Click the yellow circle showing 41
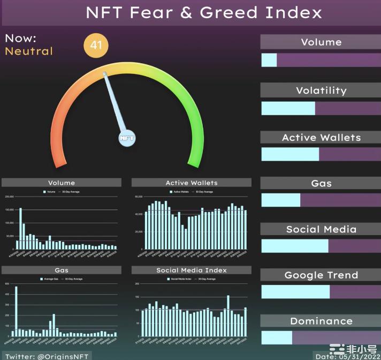point(96,46)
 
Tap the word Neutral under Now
point(29,51)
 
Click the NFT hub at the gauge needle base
point(127,138)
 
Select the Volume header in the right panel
point(321,42)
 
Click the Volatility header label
point(321,91)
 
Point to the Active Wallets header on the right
point(321,138)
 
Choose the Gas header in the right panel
point(321,183)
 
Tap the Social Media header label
point(321,229)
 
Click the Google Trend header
point(321,275)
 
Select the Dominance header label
point(321,321)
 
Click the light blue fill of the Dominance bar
point(277,338)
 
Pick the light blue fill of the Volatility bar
point(288,108)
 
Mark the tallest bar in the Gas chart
point(16,311)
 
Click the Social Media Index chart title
point(191,270)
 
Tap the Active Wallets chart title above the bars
point(191,183)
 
